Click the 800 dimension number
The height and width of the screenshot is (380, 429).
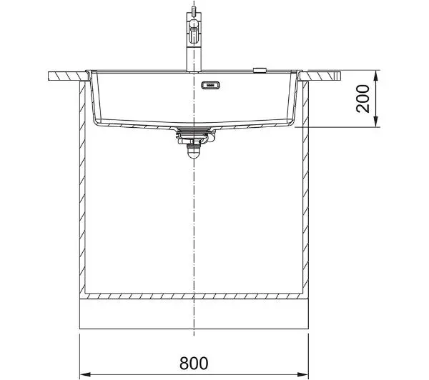click(194, 363)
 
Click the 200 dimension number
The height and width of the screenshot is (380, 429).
click(363, 99)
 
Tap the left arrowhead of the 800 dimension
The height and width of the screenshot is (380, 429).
click(85, 374)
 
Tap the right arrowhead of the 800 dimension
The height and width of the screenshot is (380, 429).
click(303, 374)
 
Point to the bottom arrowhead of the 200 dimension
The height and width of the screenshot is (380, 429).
click(376, 121)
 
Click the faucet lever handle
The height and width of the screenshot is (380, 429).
click(194, 31)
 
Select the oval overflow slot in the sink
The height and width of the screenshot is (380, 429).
click(211, 85)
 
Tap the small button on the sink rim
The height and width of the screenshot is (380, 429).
click(260, 70)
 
